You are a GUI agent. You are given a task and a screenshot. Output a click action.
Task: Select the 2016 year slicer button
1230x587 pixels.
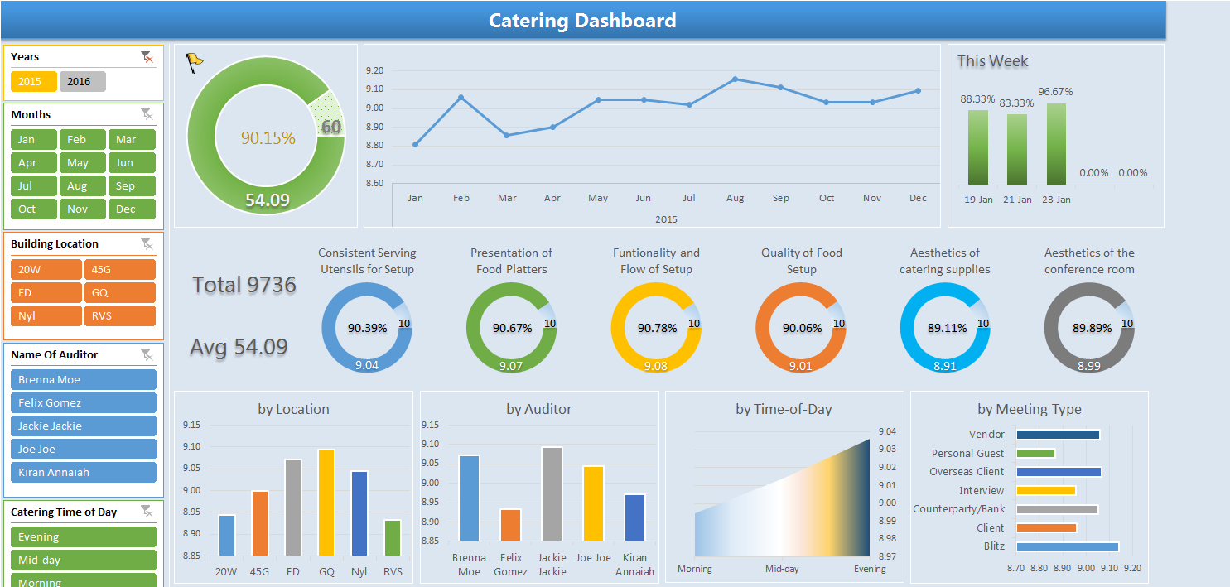82,82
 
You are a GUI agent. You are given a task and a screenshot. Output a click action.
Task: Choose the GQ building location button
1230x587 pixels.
119,292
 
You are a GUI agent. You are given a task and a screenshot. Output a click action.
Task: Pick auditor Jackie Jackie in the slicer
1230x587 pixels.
83,426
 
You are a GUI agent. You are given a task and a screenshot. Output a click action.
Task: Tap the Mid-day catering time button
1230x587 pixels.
83,560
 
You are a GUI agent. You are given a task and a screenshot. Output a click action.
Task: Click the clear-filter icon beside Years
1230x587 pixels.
147,56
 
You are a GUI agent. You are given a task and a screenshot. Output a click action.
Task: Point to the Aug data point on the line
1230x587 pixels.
735,79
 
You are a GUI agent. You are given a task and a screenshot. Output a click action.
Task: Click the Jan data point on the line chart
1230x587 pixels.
415,145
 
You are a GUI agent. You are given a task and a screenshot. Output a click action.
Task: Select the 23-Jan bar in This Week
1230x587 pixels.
1056,144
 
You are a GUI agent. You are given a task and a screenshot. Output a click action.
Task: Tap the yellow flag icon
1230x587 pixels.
194,62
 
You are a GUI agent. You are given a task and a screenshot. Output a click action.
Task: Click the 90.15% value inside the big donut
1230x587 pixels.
268,138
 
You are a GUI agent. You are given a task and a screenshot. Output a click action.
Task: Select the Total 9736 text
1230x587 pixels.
244,285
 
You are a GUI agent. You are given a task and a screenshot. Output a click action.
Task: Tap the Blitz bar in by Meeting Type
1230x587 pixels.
1067,546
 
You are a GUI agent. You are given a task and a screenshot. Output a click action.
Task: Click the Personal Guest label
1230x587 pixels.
967,453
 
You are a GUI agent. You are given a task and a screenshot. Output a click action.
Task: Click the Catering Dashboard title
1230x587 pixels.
582,21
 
